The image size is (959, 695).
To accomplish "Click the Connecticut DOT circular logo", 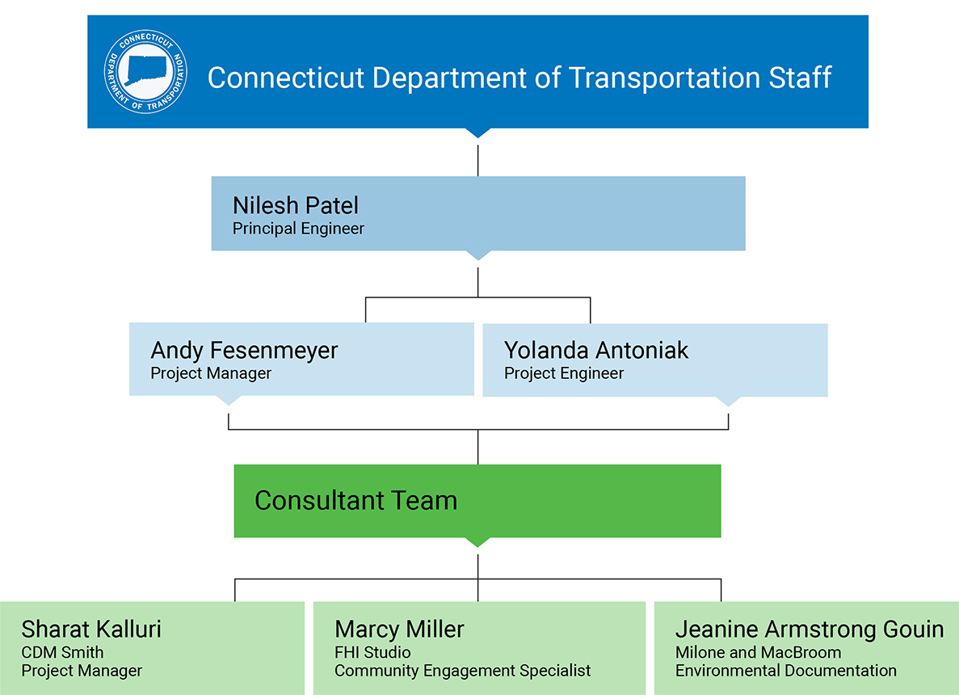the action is click(145, 72).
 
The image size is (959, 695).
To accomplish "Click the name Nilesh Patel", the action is click(296, 205).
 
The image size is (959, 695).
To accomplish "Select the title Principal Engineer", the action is click(298, 229).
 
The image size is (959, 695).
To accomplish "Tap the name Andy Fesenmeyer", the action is click(244, 351).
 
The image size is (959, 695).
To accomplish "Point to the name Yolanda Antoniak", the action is click(596, 351).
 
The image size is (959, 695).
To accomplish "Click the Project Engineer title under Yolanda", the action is click(564, 373).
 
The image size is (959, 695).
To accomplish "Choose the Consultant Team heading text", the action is click(356, 500).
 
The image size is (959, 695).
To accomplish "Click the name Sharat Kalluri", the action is click(91, 630).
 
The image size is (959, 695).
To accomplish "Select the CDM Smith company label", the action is click(62, 652).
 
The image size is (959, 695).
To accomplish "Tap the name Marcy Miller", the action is click(399, 630).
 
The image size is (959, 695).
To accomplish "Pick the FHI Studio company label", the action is click(372, 652).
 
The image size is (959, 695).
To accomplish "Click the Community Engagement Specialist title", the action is click(462, 671).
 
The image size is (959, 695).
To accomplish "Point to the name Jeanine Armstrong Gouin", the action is click(810, 630).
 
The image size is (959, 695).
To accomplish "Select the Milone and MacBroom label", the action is click(758, 652).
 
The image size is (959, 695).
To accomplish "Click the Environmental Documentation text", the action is click(786, 671).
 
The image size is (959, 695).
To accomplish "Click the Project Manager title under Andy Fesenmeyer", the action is click(211, 373).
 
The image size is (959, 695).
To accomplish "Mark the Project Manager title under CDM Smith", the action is click(82, 671).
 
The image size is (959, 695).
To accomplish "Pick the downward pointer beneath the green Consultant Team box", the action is click(477, 542).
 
